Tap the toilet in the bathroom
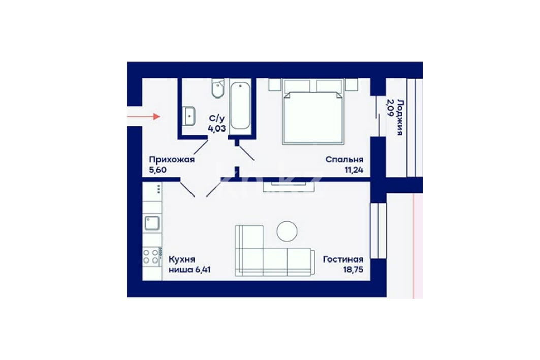[x=217, y=88]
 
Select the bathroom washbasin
[x=189, y=116]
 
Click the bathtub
[x=240, y=105]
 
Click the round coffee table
[x=287, y=231]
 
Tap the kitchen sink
[x=152, y=223]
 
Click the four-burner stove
[x=151, y=256]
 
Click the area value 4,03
[x=216, y=129]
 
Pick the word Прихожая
[x=172, y=160]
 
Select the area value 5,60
[x=157, y=170]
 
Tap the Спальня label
[x=344, y=160]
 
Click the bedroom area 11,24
[x=354, y=170]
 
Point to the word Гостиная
[x=343, y=259]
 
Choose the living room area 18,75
[x=354, y=270]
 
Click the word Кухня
[x=182, y=259]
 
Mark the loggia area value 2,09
[x=390, y=108]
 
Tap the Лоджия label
[x=400, y=117]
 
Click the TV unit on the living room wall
[x=289, y=186]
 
